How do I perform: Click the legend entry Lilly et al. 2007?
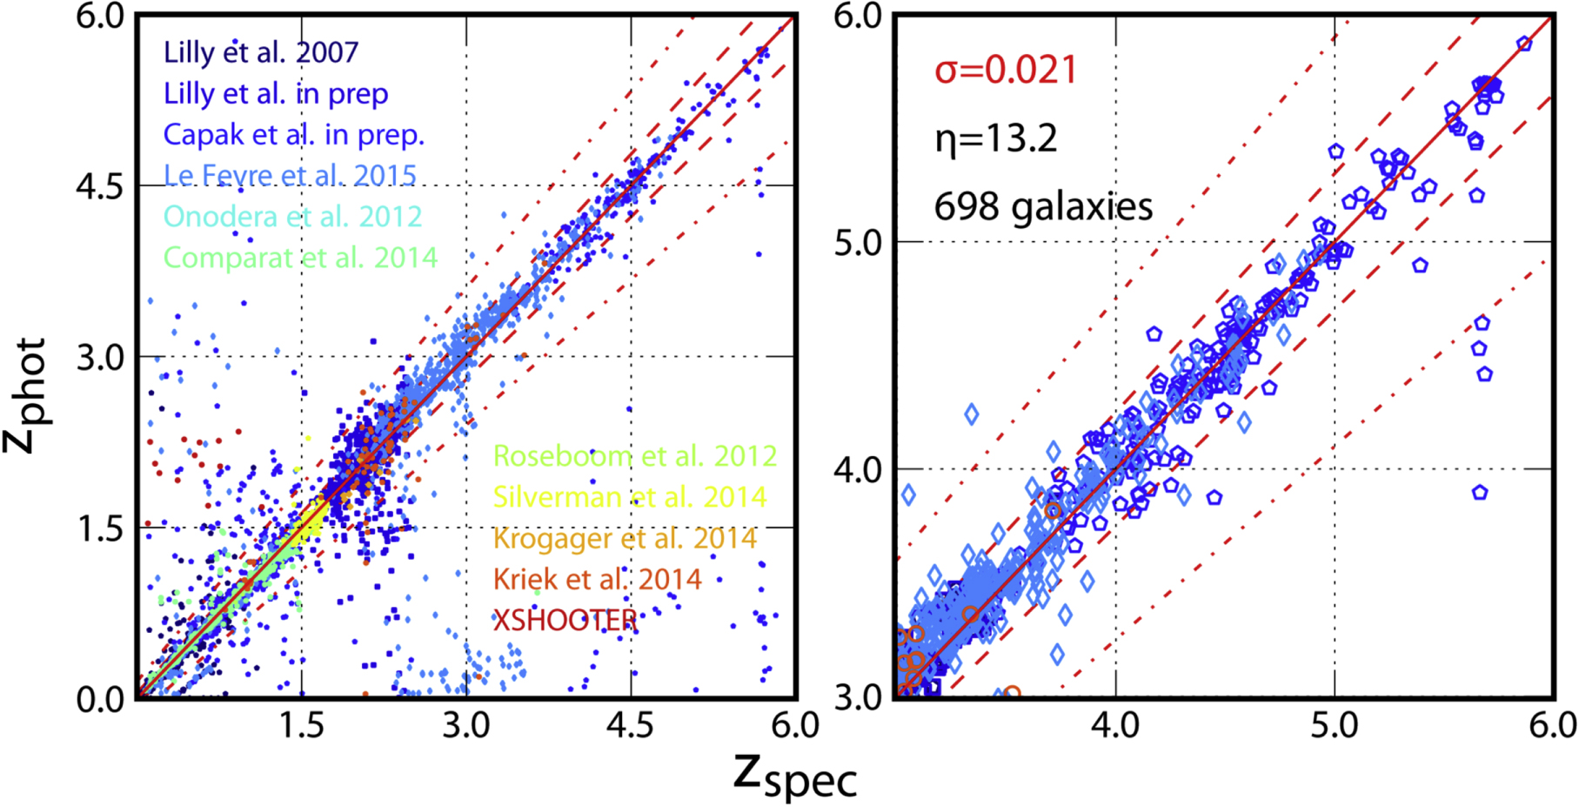pos(261,52)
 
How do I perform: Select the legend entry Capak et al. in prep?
pos(294,135)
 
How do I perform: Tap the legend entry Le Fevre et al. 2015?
pos(291,176)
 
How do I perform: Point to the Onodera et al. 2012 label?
pos(292,217)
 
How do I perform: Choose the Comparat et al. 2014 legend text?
pos(300,258)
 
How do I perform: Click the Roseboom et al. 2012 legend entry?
pos(635,456)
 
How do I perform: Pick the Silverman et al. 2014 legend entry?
pos(630,497)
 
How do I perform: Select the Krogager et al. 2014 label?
pos(625,538)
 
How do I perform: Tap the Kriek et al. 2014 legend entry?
pos(597,579)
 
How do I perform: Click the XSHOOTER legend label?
pos(565,620)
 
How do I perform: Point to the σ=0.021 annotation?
pos(1006,71)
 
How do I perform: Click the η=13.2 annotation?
pos(996,138)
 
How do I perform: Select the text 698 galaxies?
pos(1043,207)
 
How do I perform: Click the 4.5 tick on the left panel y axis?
pos(101,186)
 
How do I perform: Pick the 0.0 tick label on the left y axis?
pos(101,699)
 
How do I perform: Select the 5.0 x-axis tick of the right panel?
pos(1334,724)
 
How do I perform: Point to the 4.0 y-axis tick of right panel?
pos(859,470)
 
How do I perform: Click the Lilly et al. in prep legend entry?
pos(276,94)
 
